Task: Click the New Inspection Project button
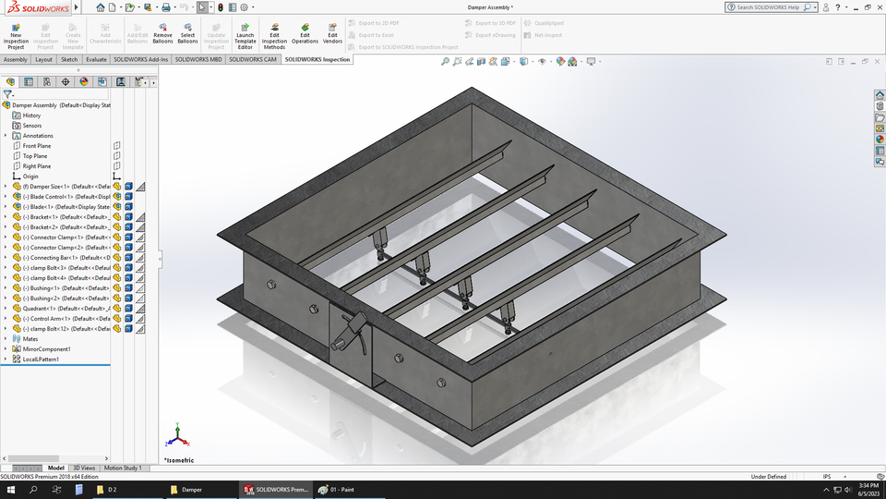tap(16, 35)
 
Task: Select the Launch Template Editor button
tap(245, 35)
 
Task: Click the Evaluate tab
tap(96, 59)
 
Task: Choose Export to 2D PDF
tap(380, 23)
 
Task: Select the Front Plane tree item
tap(37, 146)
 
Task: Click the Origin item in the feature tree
tap(30, 176)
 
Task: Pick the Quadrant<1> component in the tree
tap(55, 309)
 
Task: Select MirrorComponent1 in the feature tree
tap(46, 349)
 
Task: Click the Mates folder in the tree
tap(30, 339)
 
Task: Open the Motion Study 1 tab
tap(123, 469)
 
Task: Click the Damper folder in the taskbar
tap(191, 489)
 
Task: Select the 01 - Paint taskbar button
tap(341, 489)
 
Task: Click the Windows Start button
tap(10, 489)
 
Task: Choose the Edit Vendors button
tap(332, 35)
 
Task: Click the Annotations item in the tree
tap(38, 136)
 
